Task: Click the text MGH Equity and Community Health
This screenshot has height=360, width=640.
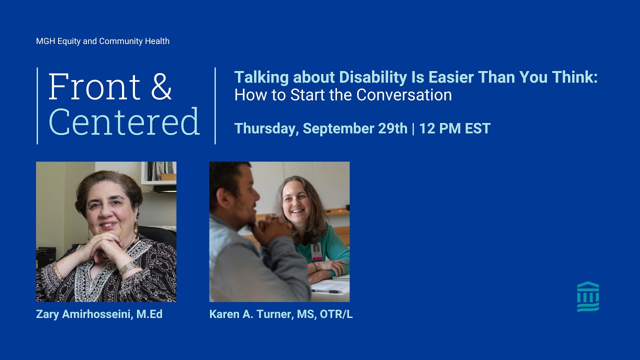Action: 102,41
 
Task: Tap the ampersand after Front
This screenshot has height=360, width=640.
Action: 161,87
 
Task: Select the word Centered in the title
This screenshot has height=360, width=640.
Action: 124,122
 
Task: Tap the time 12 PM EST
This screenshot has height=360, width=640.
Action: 454,128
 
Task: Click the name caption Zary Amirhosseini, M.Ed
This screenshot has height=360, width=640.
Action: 99,314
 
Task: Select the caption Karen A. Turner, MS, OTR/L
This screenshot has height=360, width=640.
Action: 281,314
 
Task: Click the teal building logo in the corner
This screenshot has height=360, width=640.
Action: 588,296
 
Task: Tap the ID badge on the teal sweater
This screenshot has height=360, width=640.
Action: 316,251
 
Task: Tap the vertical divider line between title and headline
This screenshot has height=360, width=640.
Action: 215,105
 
